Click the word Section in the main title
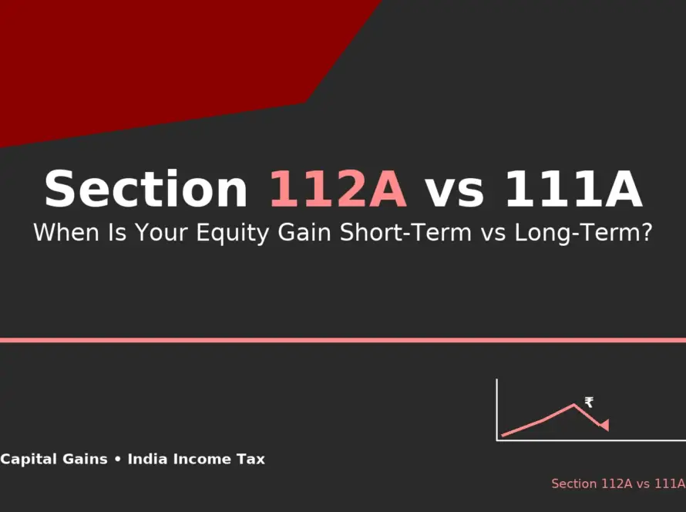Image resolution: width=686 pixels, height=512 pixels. pyautogui.click(x=146, y=189)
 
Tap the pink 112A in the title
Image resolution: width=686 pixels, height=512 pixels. pyautogui.click(x=338, y=189)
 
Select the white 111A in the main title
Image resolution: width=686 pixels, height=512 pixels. pyautogui.click(x=573, y=189)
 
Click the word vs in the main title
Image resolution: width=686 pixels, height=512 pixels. pyautogui.click(x=455, y=193)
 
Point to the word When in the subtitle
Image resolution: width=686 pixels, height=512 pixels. pyautogui.click(x=66, y=232)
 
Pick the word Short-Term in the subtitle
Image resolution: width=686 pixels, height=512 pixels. pyautogui.click(x=405, y=232)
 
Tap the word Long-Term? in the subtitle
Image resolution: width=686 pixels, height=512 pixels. pyautogui.click(x=583, y=233)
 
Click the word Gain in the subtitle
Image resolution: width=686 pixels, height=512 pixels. pyautogui.click(x=304, y=232)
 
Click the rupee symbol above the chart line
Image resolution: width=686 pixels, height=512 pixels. pyautogui.click(x=589, y=403)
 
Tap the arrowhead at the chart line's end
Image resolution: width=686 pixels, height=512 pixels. pyautogui.click(x=604, y=425)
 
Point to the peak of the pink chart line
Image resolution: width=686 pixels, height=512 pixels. pyautogui.click(x=573, y=405)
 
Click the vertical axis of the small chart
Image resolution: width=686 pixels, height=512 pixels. pyautogui.click(x=496, y=409)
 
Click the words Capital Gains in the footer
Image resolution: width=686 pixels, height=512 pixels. pyautogui.click(x=54, y=459)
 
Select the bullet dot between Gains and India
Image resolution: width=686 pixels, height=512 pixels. pyautogui.click(x=117, y=460)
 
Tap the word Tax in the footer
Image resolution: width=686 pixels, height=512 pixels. pyautogui.click(x=251, y=459)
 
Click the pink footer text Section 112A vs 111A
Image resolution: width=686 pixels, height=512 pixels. pyautogui.click(x=618, y=483)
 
